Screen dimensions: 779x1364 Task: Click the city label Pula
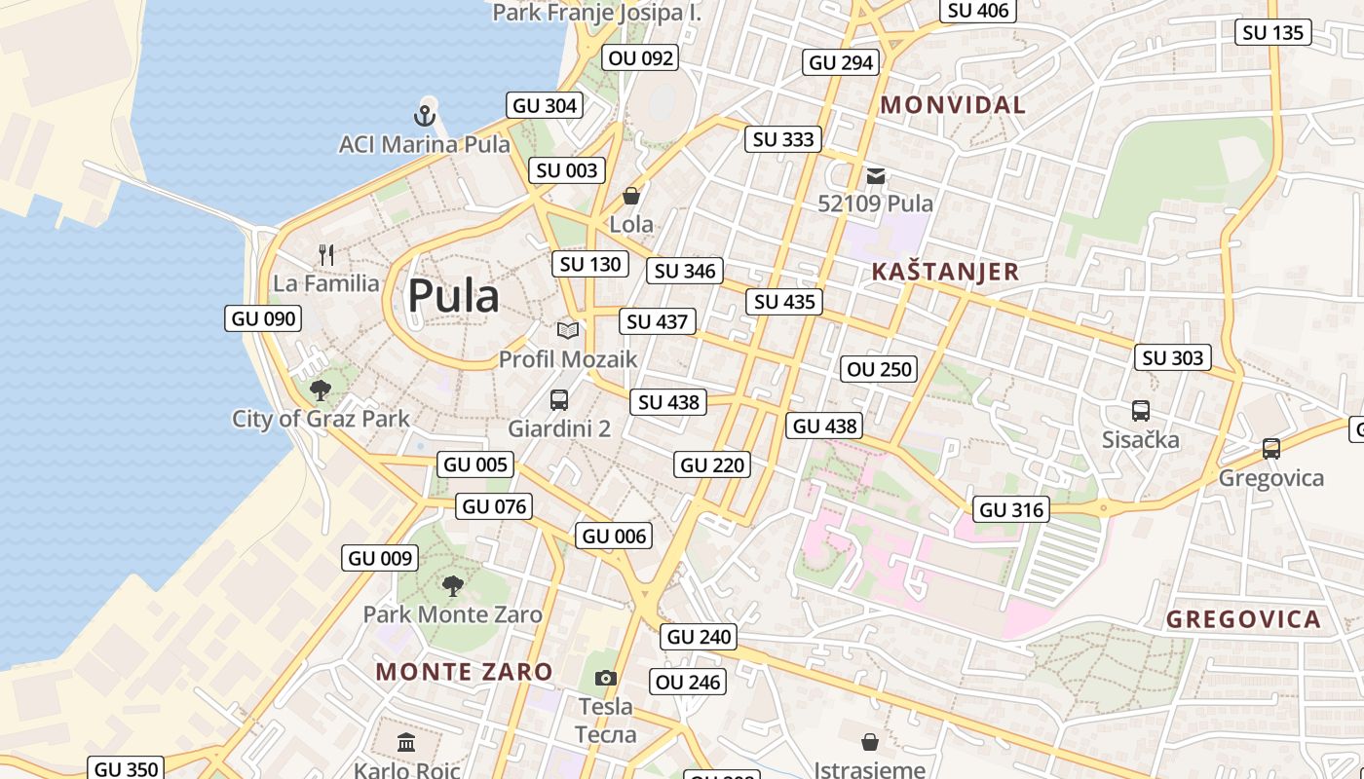point(453,296)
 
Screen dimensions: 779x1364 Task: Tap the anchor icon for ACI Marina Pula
point(424,116)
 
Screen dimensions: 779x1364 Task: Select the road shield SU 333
point(783,139)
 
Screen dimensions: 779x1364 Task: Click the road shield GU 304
point(545,105)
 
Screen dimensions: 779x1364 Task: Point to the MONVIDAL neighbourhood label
point(953,105)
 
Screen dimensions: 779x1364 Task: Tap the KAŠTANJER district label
point(944,272)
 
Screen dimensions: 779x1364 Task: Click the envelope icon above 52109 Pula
point(875,176)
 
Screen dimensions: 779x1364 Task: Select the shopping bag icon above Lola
point(631,197)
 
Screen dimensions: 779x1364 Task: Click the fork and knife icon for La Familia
point(326,255)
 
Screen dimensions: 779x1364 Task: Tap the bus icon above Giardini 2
point(559,399)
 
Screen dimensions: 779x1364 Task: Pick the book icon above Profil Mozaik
point(567,330)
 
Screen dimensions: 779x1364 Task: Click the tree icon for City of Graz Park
point(320,390)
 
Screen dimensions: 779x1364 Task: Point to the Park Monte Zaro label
point(452,614)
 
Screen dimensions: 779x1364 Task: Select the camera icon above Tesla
point(605,678)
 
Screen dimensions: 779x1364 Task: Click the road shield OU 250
point(879,369)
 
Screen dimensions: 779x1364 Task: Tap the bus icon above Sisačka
point(1140,411)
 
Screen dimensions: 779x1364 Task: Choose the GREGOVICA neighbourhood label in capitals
point(1243,619)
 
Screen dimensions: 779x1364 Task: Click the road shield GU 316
point(1010,509)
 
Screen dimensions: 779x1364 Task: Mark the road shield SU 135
point(1273,32)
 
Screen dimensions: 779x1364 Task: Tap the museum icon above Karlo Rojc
point(406,744)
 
